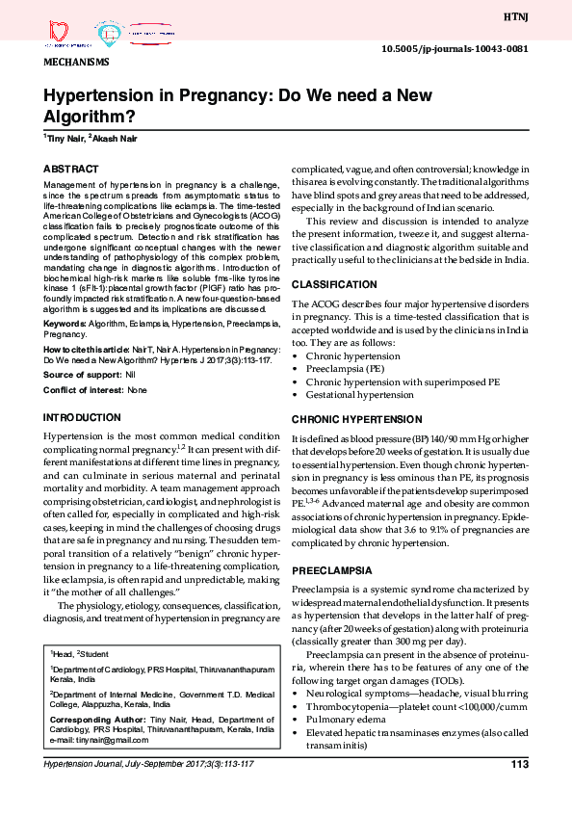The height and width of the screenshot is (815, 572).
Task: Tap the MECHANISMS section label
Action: tap(77, 62)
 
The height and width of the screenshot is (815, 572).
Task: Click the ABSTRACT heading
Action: tap(70, 168)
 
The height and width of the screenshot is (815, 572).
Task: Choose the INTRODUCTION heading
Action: tap(82, 417)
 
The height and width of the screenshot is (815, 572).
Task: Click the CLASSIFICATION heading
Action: tap(334, 285)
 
